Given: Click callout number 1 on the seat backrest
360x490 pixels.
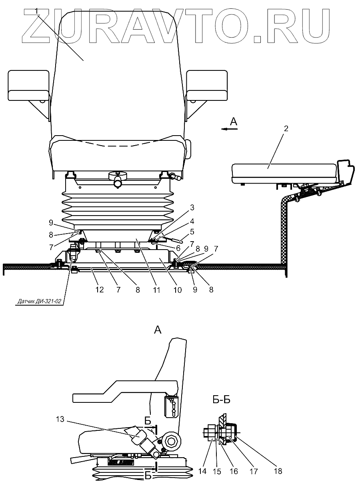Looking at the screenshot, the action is tap(37, 11).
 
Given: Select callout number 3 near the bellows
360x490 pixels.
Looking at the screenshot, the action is tap(192, 208).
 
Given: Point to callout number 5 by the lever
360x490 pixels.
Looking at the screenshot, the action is tap(192, 231).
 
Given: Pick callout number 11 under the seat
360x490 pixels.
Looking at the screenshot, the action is tap(156, 290).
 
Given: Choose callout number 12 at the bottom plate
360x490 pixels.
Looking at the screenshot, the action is tap(99, 289).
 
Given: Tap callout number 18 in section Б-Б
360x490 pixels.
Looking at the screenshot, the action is tap(278, 471).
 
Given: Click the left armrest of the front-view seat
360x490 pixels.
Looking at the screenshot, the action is tap(28, 85).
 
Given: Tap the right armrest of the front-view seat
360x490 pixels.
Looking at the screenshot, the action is tap(207, 85).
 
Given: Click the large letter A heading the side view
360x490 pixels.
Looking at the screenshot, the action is tap(158, 330).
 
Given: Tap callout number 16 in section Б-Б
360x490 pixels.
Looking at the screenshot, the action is tap(234, 471).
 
